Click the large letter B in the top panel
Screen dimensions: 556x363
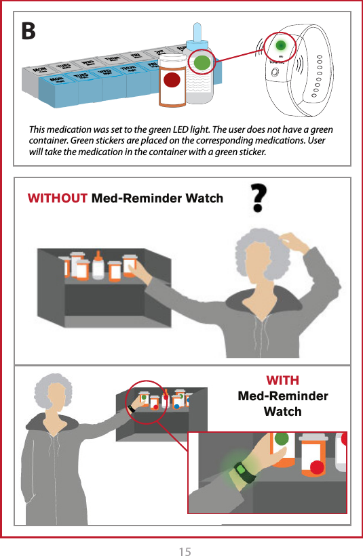tap(29, 30)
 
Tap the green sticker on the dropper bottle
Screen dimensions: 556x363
tap(201, 62)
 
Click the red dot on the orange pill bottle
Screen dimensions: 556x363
tap(172, 81)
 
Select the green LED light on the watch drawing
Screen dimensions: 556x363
tap(280, 46)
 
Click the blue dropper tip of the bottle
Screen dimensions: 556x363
tap(197, 31)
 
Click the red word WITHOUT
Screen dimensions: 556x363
tap(57, 198)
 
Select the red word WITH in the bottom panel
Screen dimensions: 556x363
tap(282, 380)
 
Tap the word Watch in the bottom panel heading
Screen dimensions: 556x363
tap(282, 412)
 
